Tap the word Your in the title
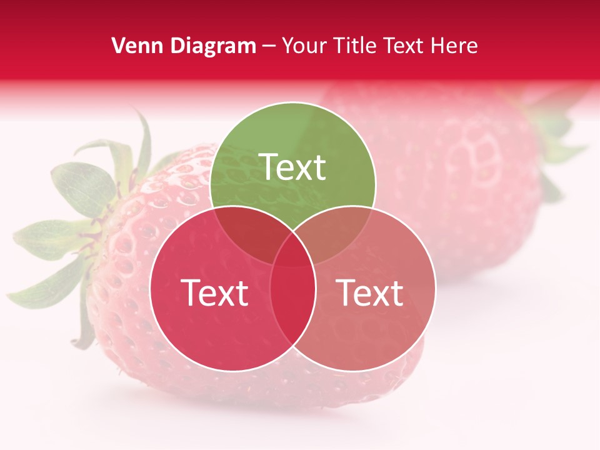[x=304, y=46]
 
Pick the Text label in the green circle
[x=292, y=167]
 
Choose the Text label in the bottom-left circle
[x=214, y=292]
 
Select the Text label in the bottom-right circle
[x=370, y=292]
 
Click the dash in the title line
[x=269, y=46]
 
